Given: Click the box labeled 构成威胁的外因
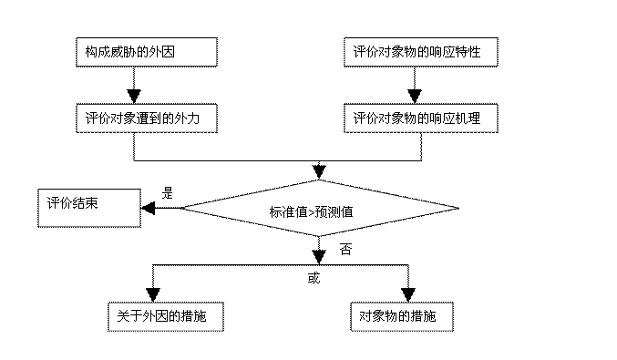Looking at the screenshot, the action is [147, 52].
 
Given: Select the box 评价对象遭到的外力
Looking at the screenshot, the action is [147, 118].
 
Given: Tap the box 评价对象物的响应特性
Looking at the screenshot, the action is [421, 52].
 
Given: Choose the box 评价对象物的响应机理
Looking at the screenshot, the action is [421, 118].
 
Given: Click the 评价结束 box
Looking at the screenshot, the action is [89, 208].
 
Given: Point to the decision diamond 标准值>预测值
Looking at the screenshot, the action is [320, 208].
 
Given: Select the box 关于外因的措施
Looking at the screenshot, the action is [166, 317].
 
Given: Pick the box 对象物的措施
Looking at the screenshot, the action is [402, 317].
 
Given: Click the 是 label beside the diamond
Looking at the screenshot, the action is [167, 193].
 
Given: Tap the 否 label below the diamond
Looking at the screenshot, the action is [345, 250].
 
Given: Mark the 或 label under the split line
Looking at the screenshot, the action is [314, 278].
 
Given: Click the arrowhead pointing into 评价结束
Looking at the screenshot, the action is [148, 208].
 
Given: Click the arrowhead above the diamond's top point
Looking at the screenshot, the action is [319, 172].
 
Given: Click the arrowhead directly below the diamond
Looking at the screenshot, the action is [319, 257].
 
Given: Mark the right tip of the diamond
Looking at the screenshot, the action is [458, 208].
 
